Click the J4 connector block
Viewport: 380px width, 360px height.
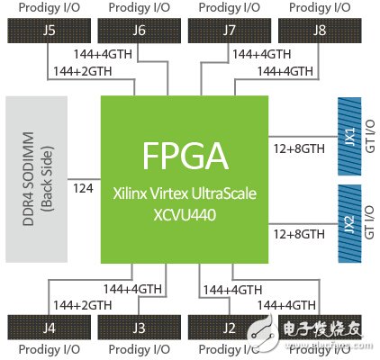coord(49,327)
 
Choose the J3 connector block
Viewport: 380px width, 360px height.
coord(139,327)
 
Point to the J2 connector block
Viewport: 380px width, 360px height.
coord(230,327)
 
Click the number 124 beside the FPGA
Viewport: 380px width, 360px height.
coord(83,190)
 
